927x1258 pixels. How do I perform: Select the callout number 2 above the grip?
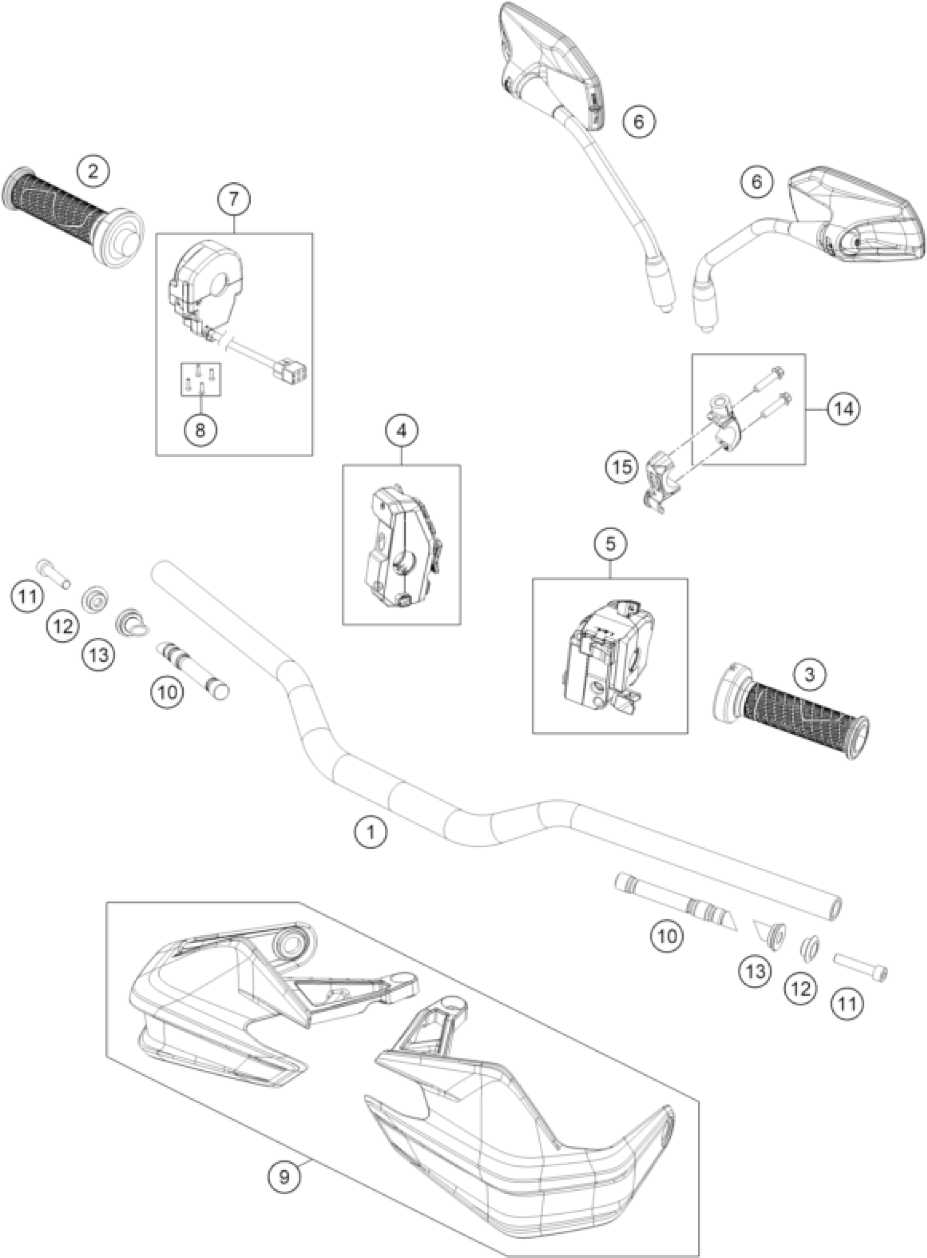pos(93,171)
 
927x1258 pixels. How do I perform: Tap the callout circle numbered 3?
pos(809,675)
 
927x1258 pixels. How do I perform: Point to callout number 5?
pos(611,543)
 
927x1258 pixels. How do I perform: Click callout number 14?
pos(844,409)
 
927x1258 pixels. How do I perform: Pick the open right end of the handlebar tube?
pos(834,908)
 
